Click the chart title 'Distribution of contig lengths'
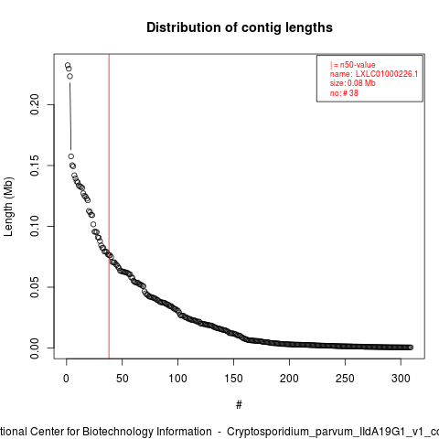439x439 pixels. coord(240,27)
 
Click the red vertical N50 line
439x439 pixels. coord(109,206)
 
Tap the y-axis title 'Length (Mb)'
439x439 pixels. coord(8,207)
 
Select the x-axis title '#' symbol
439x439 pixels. coord(239,405)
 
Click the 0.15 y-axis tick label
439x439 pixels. coord(35,166)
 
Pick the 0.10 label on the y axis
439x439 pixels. coord(35,226)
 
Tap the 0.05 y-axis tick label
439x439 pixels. coord(35,287)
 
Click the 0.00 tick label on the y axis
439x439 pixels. coord(35,348)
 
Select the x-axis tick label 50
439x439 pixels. coord(122,379)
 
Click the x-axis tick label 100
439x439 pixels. coord(177,379)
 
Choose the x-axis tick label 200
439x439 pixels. coord(289,379)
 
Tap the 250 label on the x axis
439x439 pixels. coord(345,379)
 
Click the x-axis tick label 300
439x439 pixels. coord(401,379)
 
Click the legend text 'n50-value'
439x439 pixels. coord(358,65)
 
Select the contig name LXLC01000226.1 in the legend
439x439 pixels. coord(387,74)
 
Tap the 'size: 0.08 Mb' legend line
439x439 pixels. coord(352,83)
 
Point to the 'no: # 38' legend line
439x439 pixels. coord(344,93)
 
